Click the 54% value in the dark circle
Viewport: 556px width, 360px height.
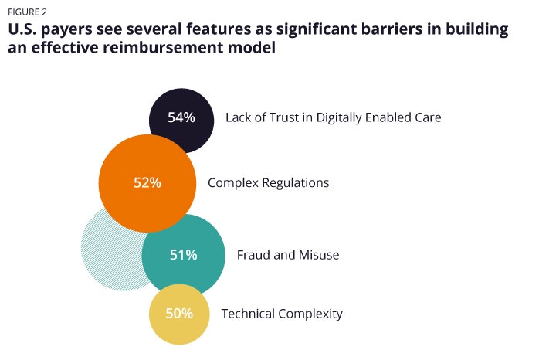click(181, 118)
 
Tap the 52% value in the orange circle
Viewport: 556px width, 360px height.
click(147, 183)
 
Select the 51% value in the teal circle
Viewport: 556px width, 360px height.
click(183, 255)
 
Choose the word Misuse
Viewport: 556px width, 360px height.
click(318, 255)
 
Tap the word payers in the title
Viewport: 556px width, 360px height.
click(67, 30)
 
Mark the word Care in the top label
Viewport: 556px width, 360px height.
click(426, 117)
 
